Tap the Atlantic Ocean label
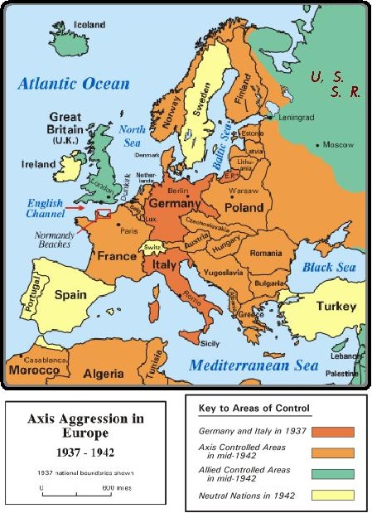(75, 83)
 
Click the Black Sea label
(328, 268)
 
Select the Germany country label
(173, 203)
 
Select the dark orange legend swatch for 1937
(333, 432)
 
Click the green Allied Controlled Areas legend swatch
(333, 474)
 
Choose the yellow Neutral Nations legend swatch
(333, 495)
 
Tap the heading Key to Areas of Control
(254, 409)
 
